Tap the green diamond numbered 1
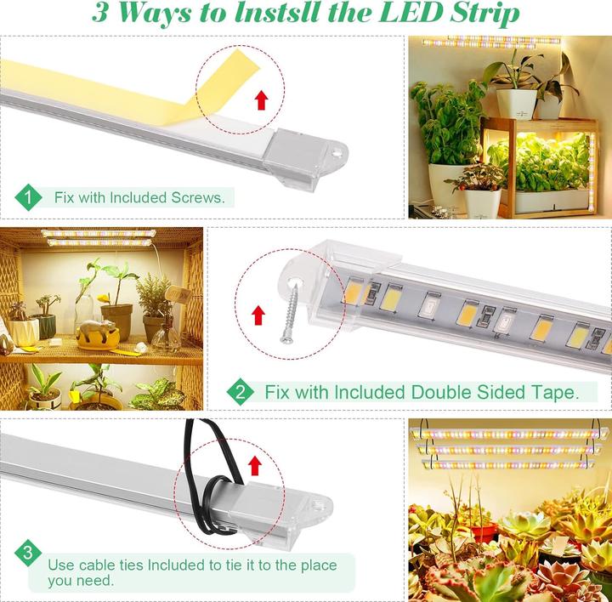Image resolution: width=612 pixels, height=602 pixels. tap(28, 197)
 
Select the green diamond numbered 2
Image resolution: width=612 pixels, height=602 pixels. tap(240, 392)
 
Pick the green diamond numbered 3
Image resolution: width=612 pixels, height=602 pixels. tap(28, 554)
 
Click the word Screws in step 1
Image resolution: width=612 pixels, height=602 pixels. tap(198, 197)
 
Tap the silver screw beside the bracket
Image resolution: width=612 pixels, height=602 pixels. tap(290, 315)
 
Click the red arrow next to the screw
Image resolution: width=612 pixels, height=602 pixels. tap(258, 315)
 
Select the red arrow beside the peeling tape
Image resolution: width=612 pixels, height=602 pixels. tap(262, 100)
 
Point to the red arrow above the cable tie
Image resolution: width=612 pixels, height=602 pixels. tap(255, 465)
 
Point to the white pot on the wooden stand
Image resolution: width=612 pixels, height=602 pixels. tap(516, 104)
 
